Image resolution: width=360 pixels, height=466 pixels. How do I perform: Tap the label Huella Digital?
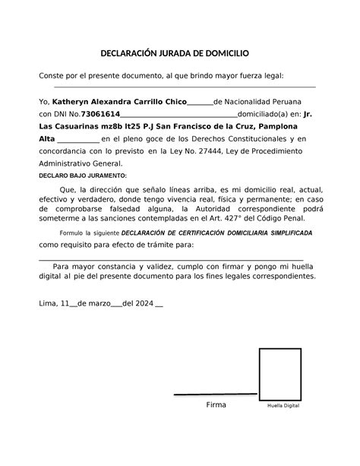[x=283, y=406]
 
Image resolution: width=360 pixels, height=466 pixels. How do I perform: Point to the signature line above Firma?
[x=214, y=395]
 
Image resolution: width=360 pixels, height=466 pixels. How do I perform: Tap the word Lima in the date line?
[x=48, y=303]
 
